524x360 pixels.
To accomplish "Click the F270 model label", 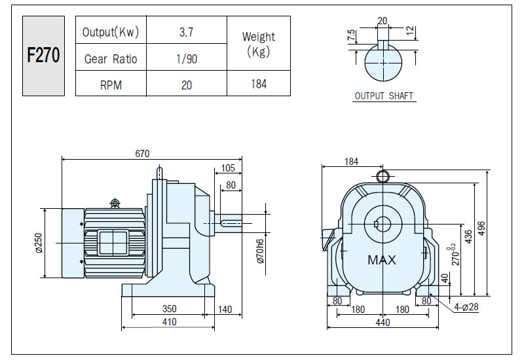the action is [x=43, y=55].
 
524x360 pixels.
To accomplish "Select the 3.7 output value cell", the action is [x=186, y=32].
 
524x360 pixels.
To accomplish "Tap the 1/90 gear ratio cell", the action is [x=187, y=59].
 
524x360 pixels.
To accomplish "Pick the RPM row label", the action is [x=111, y=85].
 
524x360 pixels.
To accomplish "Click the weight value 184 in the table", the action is [x=259, y=84].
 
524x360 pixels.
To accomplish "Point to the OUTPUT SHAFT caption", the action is [x=384, y=96].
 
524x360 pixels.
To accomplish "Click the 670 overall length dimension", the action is [x=142, y=154].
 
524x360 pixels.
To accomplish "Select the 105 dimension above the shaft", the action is [x=228, y=168].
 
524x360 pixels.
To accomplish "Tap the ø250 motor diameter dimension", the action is [x=39, y=243].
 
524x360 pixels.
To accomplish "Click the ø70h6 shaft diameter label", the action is [x=261, y=251].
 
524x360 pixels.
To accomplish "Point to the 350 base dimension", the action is [x=170, y=308].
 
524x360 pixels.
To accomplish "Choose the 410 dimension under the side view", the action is [x=170, y=322].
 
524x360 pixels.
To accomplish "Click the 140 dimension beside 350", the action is [x=225, y=310].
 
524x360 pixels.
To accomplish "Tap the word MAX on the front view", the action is [x=382, y=260].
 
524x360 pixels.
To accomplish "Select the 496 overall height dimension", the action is [x=481, y=228].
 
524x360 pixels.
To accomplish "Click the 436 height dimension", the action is [x=468, y=236].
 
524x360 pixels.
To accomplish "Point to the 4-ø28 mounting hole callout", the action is [x=466, y=306].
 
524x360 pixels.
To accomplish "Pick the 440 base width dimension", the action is [x=383, y=323].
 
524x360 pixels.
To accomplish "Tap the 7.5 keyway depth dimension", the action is [x=351, y=35].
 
